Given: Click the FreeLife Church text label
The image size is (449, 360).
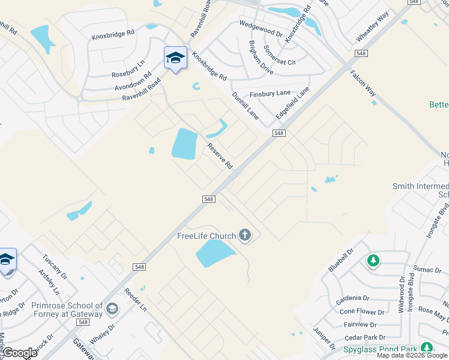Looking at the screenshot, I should click(x=206, y=235).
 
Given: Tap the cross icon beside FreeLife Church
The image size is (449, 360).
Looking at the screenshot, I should click(x=244, y=235).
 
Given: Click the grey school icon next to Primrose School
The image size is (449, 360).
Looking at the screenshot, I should click(x=112, y=309).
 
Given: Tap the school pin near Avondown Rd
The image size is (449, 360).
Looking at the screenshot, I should click(x=175, y=58).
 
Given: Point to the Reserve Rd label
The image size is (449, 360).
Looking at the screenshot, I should click(x=220, y=155).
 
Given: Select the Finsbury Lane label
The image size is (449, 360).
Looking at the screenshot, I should click(x=270, y=94).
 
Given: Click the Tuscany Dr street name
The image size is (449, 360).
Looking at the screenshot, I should click(x=54, y=268).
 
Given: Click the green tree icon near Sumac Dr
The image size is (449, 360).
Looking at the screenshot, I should click(x=373, y=260).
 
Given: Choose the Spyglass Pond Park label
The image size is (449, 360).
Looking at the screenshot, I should click(x=381, y=349).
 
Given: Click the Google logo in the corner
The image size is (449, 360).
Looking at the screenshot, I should click(x=20, y=353).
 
